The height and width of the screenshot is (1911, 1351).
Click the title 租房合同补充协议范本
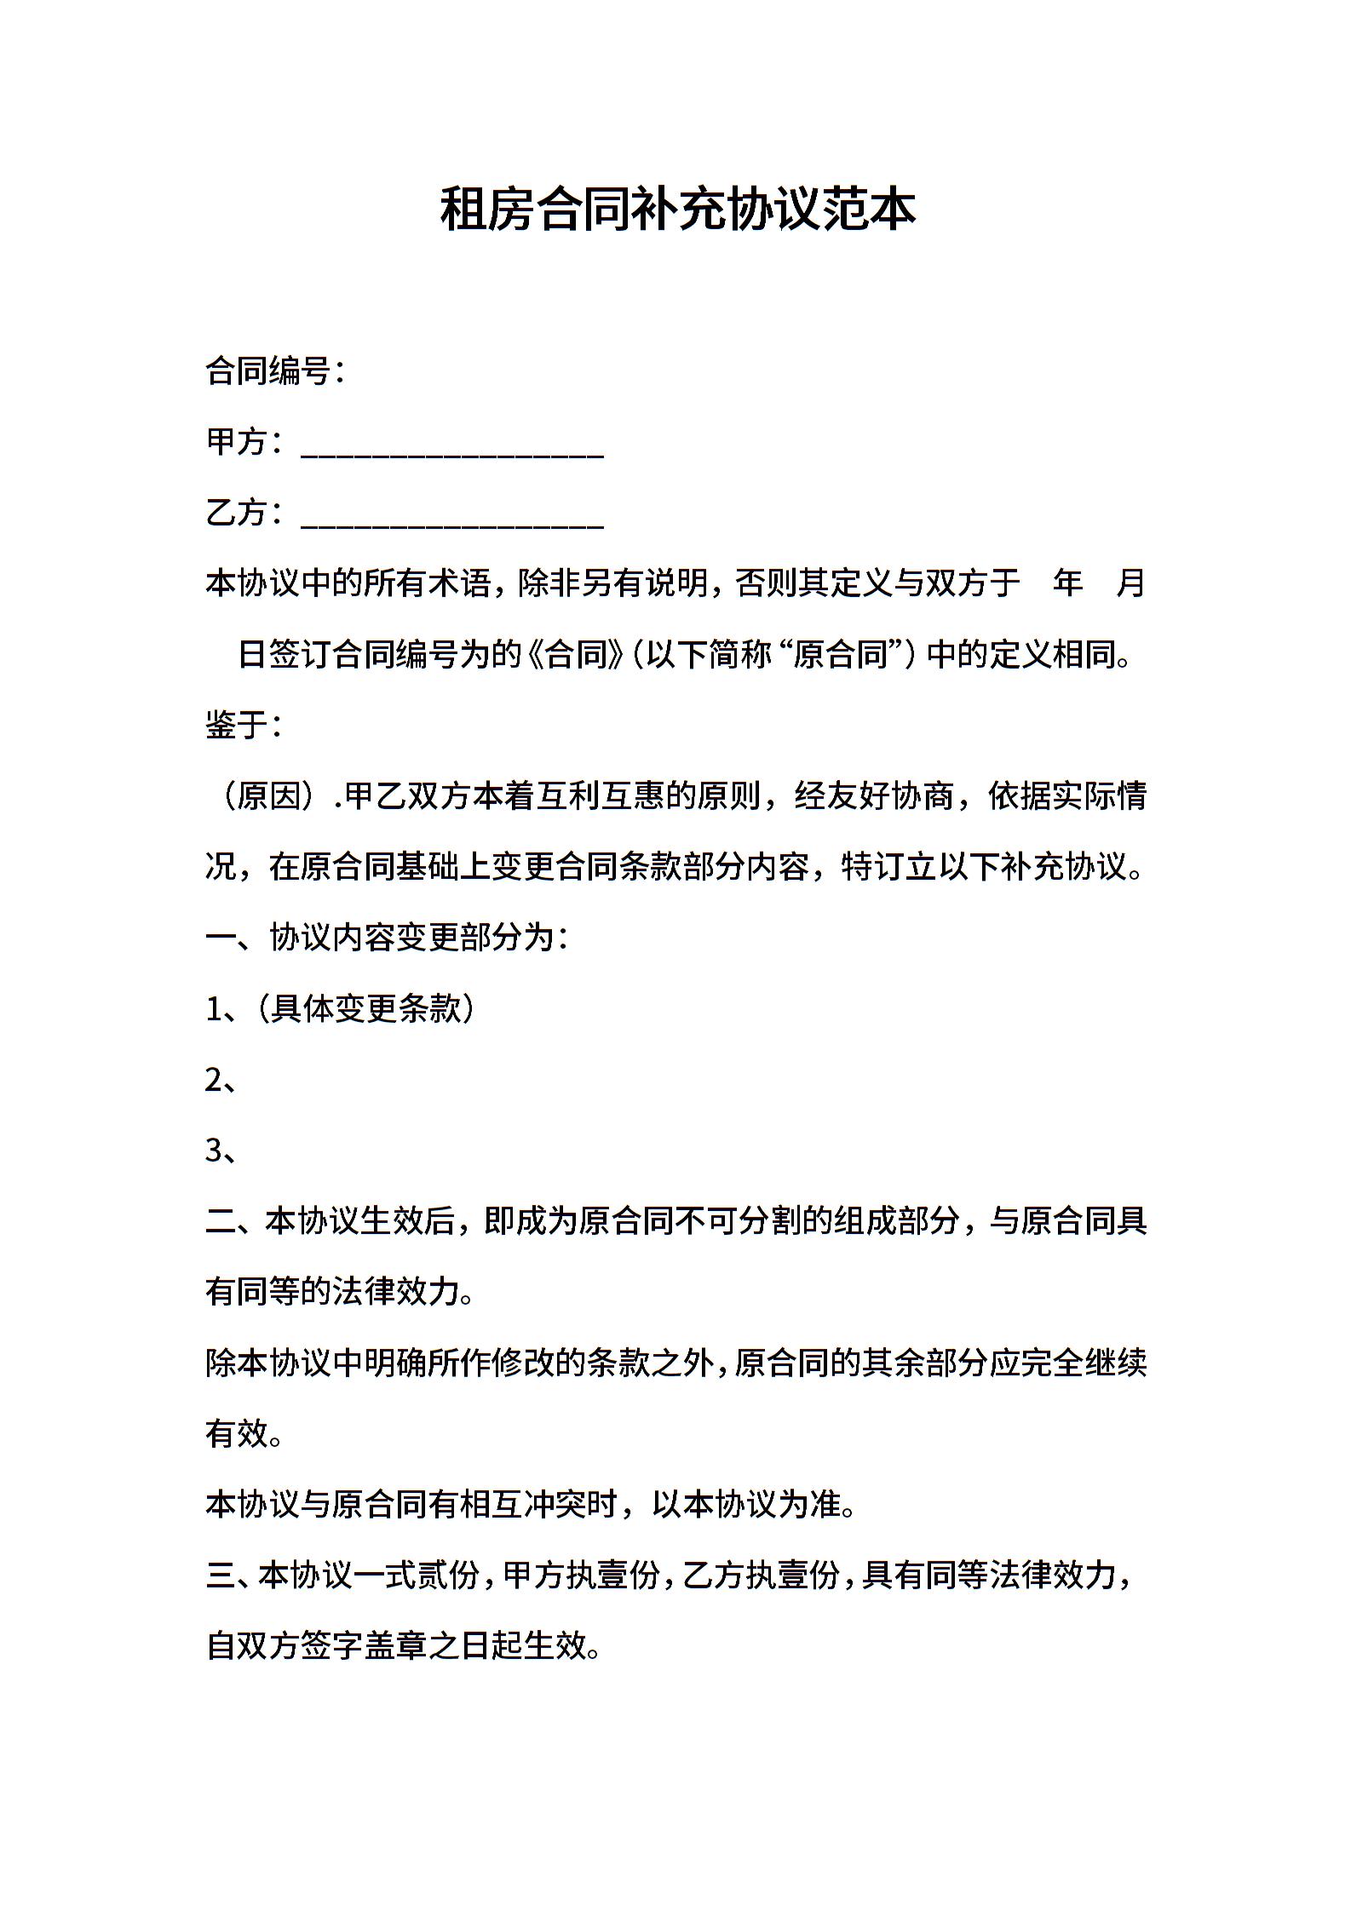coord(677,209)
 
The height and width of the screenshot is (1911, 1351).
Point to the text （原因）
coord(268,796)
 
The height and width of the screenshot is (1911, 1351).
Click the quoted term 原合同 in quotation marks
coord(841,655)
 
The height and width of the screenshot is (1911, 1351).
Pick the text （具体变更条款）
coord(366,1009)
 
